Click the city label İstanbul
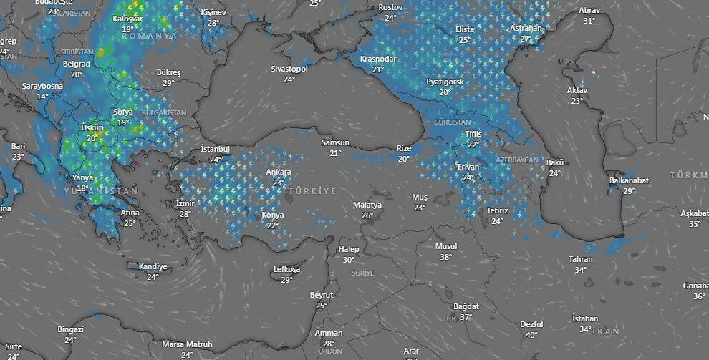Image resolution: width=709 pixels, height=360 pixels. [x=215, y=149]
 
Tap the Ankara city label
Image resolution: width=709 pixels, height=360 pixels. [x=279, y=172]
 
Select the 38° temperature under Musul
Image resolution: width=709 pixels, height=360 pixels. [x=445, y=257]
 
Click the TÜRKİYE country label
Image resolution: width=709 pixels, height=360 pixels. [x=312, y=192]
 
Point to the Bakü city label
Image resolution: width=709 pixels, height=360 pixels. [x=555, y=162]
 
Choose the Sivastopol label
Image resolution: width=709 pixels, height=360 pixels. [x=289, y=69]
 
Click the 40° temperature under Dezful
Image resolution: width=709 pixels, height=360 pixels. [x=531, y=334]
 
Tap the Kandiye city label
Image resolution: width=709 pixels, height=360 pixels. [x=153, y=267]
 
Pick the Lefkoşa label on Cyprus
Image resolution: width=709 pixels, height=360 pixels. [x=287, y=269]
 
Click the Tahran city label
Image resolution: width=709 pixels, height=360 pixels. [x=580, y=259]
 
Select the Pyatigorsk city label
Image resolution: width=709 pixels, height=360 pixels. [x=445, y=82]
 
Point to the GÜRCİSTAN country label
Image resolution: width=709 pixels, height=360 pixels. [x=452, y=122]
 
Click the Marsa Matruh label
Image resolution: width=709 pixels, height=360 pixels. [x=187, y=344]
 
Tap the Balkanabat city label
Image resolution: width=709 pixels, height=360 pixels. [x=629, y=180]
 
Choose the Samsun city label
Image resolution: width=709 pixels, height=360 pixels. [x=335, y=142]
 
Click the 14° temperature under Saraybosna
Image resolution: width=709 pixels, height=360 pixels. [x=43, y=97]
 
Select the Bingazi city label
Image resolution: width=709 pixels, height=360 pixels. [x=70, y=329]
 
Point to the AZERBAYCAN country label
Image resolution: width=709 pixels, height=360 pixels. [x=516, y=159]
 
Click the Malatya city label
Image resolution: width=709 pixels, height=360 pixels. [x=367, y=205]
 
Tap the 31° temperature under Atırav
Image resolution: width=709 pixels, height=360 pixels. [x=589, y=21]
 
